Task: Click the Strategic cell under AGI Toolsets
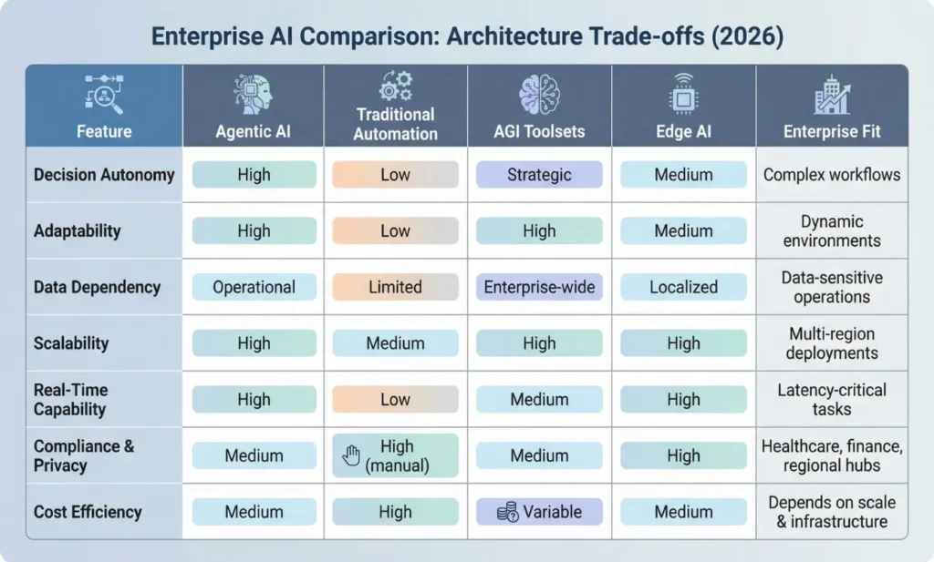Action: pos(539,175)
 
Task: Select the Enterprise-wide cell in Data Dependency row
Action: pos(539,287)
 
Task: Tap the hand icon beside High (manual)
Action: pos(351,456)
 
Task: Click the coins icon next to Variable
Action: pos(507,512)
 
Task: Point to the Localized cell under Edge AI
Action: pos(683,287)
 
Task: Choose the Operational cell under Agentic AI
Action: pos(254,287)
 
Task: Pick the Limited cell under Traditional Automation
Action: pos(395,287)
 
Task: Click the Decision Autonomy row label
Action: pos(103,175)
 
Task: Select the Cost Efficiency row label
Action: pos(88,512)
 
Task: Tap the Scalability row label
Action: pos(71,343)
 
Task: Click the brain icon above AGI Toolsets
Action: pos(539,95)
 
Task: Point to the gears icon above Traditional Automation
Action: pos(395,87)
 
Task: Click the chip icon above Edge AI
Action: pos(683,95)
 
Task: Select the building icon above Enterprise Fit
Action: pos(831,95)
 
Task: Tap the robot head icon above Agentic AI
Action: pos(254,95)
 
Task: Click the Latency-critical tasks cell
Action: pos(831,400)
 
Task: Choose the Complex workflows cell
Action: pos(831,175)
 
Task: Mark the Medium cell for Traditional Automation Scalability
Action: pos(395,343)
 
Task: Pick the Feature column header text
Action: pos(104,132)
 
